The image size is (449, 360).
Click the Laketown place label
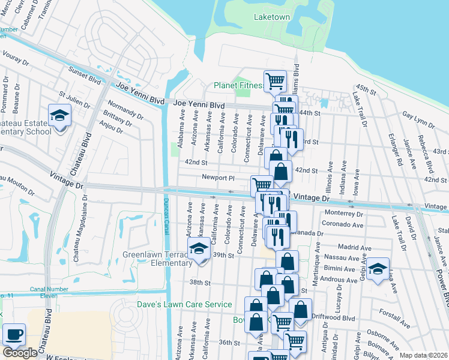coord(271,17)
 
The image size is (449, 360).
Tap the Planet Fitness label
coord(238,85)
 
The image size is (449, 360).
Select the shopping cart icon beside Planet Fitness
coord(275,80)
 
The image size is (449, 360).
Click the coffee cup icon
coord(13,334)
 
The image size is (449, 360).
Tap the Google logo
coord(20,353)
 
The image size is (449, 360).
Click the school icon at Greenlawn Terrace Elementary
coord(199,249)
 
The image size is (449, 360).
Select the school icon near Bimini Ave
coord(378,268)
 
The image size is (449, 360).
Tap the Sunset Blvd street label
coord(85,73)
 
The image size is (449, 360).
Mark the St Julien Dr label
coord(74,100)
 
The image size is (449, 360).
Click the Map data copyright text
coord(423,355)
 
